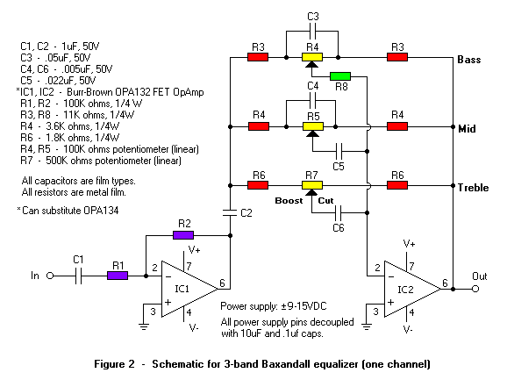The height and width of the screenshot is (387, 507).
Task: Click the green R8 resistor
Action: pyautogui.click(x=340, y=76)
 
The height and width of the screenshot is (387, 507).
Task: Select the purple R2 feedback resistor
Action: pyautogui.click(x=183, y=235)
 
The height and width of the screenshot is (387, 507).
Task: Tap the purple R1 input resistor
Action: pyautogui.click(x=118, y=276)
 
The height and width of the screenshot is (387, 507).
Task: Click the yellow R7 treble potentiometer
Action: pyautogui.click(x=312, y=185)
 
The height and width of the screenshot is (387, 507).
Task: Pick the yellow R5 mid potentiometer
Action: pyautogui.click(x=313, y=126)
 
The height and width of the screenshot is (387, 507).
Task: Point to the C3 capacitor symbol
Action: pyautogui.click(x=312, y=31)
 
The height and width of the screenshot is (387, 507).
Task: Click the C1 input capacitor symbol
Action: pyautogui.click(x=79, y=276)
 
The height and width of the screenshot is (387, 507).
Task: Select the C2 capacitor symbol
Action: pyautogui.click(x=230, y=212)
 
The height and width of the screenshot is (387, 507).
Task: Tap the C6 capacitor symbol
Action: pyautogui.click(x=339, y=212)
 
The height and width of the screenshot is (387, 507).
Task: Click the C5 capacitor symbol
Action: pyautogui.click(x=339, y=151)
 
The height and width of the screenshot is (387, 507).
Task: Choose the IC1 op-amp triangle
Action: pyautogui.click(x=189, y=289)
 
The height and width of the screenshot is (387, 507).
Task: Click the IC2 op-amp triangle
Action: pyautogui.click(x=412, y=289)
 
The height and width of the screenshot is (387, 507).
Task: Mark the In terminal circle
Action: pyautogui.click(x=50, y=276)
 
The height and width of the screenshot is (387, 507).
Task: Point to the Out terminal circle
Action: pyautogui.click(x=475, y=289)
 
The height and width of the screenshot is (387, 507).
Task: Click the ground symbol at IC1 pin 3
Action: pyautogui.click(x=144, y=326)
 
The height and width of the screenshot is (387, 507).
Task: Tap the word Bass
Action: pyautogui.click(x=469, y=60)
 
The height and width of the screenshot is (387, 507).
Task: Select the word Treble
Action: pyautogui.click(x=473, y=187)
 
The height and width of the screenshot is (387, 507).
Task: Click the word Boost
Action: pyautogui.click(x=289, y=201)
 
